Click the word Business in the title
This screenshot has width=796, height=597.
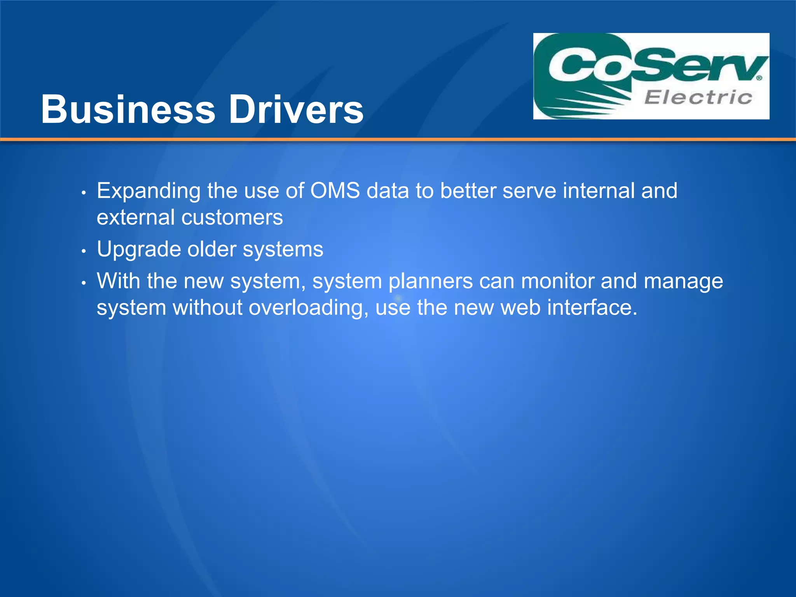tap(128, 110)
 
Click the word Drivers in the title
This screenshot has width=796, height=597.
tap(296, 110)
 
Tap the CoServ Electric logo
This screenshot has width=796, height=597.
tap(651, 76)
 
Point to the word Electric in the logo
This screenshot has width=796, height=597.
tap(698, 97)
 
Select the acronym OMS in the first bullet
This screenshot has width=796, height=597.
tap(335, 191)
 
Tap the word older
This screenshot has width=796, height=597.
tap(212, 249)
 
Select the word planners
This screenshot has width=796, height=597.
tap(431, 282)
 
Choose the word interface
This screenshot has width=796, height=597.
tap(592, 307)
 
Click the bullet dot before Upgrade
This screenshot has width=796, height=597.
tap(83, 251)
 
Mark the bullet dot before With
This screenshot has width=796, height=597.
tap(83, 283)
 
